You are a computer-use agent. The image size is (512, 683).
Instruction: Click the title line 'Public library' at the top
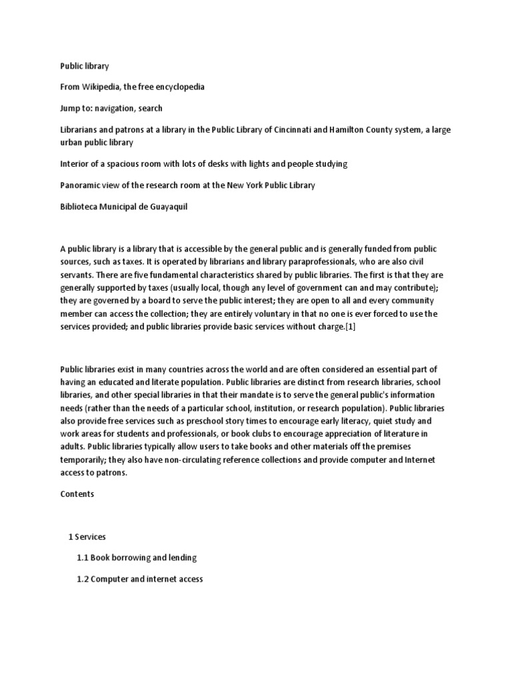point(84,67)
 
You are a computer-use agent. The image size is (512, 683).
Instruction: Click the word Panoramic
point(82,185)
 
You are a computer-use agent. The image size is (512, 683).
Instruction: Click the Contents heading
point(77,494)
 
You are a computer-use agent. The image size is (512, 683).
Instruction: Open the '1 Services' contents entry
point(87,536)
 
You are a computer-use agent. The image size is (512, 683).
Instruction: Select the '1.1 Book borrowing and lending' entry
point(137,558)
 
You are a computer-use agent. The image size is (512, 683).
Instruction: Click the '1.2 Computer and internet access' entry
point(140,579)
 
